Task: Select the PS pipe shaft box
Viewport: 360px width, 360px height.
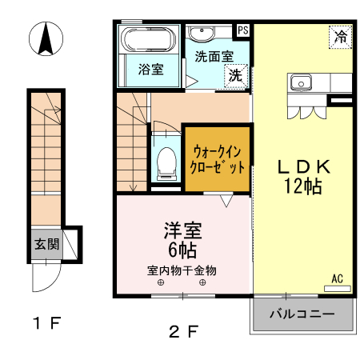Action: tap(243, 30)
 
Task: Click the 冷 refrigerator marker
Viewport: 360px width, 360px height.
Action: tap(341, 36)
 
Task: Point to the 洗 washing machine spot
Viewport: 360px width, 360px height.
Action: tap(237, 76)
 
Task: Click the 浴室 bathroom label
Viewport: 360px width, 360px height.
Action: tap(151, 70)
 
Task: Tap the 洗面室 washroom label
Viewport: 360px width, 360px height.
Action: tap(214, 57)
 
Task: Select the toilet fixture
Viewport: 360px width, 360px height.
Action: tap(167, 162)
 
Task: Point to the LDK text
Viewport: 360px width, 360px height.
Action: tap(303, 167)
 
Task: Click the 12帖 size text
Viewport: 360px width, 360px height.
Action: tap(302, 187)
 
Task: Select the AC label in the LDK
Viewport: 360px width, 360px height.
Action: tap(337, 278)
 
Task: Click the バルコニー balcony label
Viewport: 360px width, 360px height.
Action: tap(302, 314)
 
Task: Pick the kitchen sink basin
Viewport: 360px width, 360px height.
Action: tap(302, 81)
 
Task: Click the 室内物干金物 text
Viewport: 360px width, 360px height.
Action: tap(182, 270)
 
